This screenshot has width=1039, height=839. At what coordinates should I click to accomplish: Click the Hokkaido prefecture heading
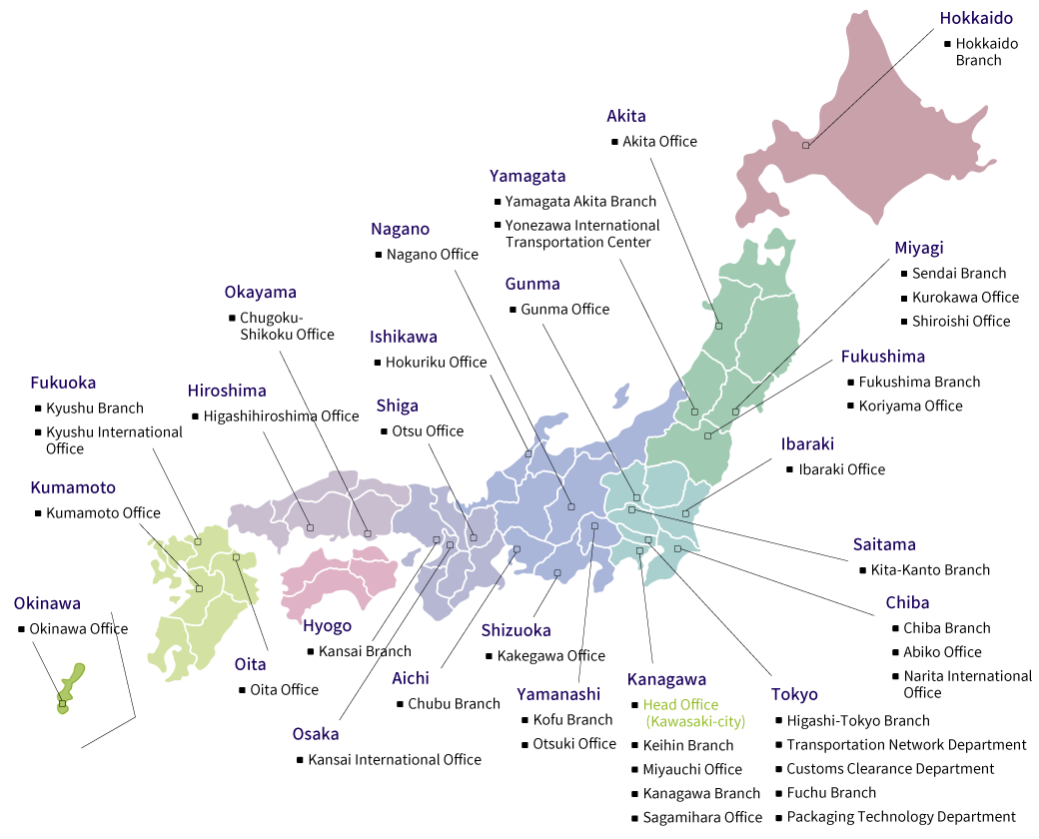click(976, 18)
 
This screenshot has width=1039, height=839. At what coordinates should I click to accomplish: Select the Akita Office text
click(659, 142)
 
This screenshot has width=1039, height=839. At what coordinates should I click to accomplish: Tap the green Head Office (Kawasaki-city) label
click(694, 713)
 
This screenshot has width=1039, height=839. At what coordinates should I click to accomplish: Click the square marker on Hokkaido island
click(806, 146)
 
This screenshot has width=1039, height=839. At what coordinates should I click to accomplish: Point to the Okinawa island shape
click(69, 689)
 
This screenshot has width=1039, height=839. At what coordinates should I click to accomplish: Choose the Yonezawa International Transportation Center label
click(581, 234)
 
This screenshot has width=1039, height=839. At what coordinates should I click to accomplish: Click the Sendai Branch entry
click(958, 274)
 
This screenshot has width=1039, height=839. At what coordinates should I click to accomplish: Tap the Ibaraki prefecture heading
click(807, 444)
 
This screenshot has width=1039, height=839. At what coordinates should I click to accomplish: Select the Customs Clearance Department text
click(890, 769)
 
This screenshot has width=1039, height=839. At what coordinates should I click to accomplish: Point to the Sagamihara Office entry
click(702, 817)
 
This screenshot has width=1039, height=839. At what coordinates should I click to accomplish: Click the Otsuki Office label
click(574, 744)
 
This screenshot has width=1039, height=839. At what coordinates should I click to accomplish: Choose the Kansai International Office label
click(395, 760)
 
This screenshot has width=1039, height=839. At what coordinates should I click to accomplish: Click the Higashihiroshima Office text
click(281, 417)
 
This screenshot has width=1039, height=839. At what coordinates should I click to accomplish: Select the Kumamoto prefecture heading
click(73, 488)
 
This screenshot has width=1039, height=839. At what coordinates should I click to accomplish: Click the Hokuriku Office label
click(436, 363)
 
